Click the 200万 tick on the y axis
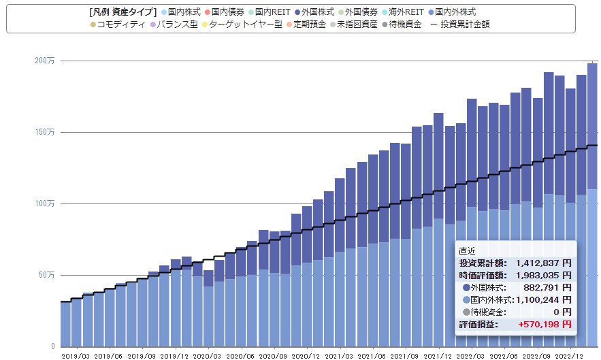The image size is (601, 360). [x=45, y=61]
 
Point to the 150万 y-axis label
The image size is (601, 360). [x=45, y=132]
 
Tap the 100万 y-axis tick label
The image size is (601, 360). [x=45, y=203]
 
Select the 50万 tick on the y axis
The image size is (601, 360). [x=46, y=275]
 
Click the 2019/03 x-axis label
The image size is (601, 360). [x=76, y=356]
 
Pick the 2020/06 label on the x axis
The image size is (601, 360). [x=240, y=356]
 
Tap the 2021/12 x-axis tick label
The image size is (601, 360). [x=438, y=356]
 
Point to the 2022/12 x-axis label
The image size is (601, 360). [x=569, y=356]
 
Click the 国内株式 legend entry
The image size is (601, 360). [x=181, y=12]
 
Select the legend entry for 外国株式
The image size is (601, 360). [x=314, y=12]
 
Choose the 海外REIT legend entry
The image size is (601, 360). [x=402, y=12]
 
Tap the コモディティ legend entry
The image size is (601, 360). [x=118, y=24]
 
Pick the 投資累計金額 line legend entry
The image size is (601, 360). [x=460, y=24]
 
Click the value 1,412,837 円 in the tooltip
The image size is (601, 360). [x=544, y=263]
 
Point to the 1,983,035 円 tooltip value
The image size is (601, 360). [x=544, y=276]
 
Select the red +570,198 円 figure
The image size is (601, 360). [x=545, y=325]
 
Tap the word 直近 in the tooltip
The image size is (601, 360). [x=467, y=251]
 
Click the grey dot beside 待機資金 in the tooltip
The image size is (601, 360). [x=466, y=312]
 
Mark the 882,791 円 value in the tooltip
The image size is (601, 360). [x=547, y=288]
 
